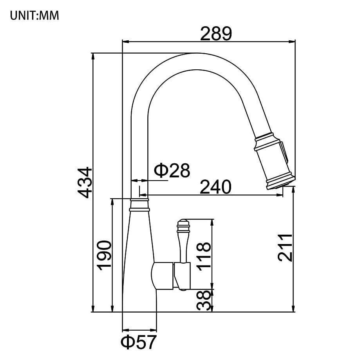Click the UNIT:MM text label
coord(34,16)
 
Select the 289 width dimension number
coord(216,34)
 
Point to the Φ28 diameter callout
coord(172,170)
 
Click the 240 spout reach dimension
coord(215,187)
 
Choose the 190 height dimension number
coord(105,255)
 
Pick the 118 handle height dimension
coord(204,256)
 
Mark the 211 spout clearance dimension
coord(285,248)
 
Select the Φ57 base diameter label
coord(138,342)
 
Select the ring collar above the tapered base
coord(139,204)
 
